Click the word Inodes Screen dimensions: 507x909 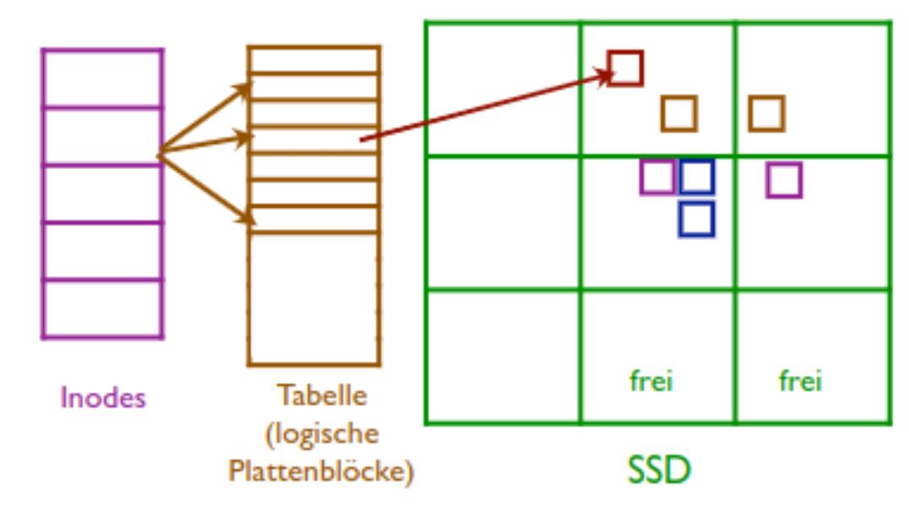click(x=102, y=398)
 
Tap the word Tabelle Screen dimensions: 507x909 click(x=323, y=395)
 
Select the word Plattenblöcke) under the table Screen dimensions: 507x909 click(x=322, y=472)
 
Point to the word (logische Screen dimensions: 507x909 click(x=322, y=433)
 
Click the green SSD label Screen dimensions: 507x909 click(x=659, y=470)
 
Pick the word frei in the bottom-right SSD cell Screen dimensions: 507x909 click(x=800, y=381)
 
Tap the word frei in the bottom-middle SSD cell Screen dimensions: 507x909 click(x=651, y=381)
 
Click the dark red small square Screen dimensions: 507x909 click(x=625, y=68)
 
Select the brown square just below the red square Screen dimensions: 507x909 click(x=679, y=113)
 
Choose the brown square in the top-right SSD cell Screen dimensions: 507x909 click(x=766, y=113)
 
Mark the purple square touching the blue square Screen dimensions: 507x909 click(x=656, y=177)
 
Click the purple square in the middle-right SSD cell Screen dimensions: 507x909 click(x=784, y=180)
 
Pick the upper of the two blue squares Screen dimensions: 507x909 click(x=697, y=177)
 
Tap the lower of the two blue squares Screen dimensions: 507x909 click(x=696, y=219)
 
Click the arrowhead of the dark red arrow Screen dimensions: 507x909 click(x=605, y=76)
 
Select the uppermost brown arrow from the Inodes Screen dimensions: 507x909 click(x=207, y=117)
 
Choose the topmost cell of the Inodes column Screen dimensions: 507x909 click(x=102, y=78)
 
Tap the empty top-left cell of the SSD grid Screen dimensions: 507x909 click(x=503, y=88)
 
